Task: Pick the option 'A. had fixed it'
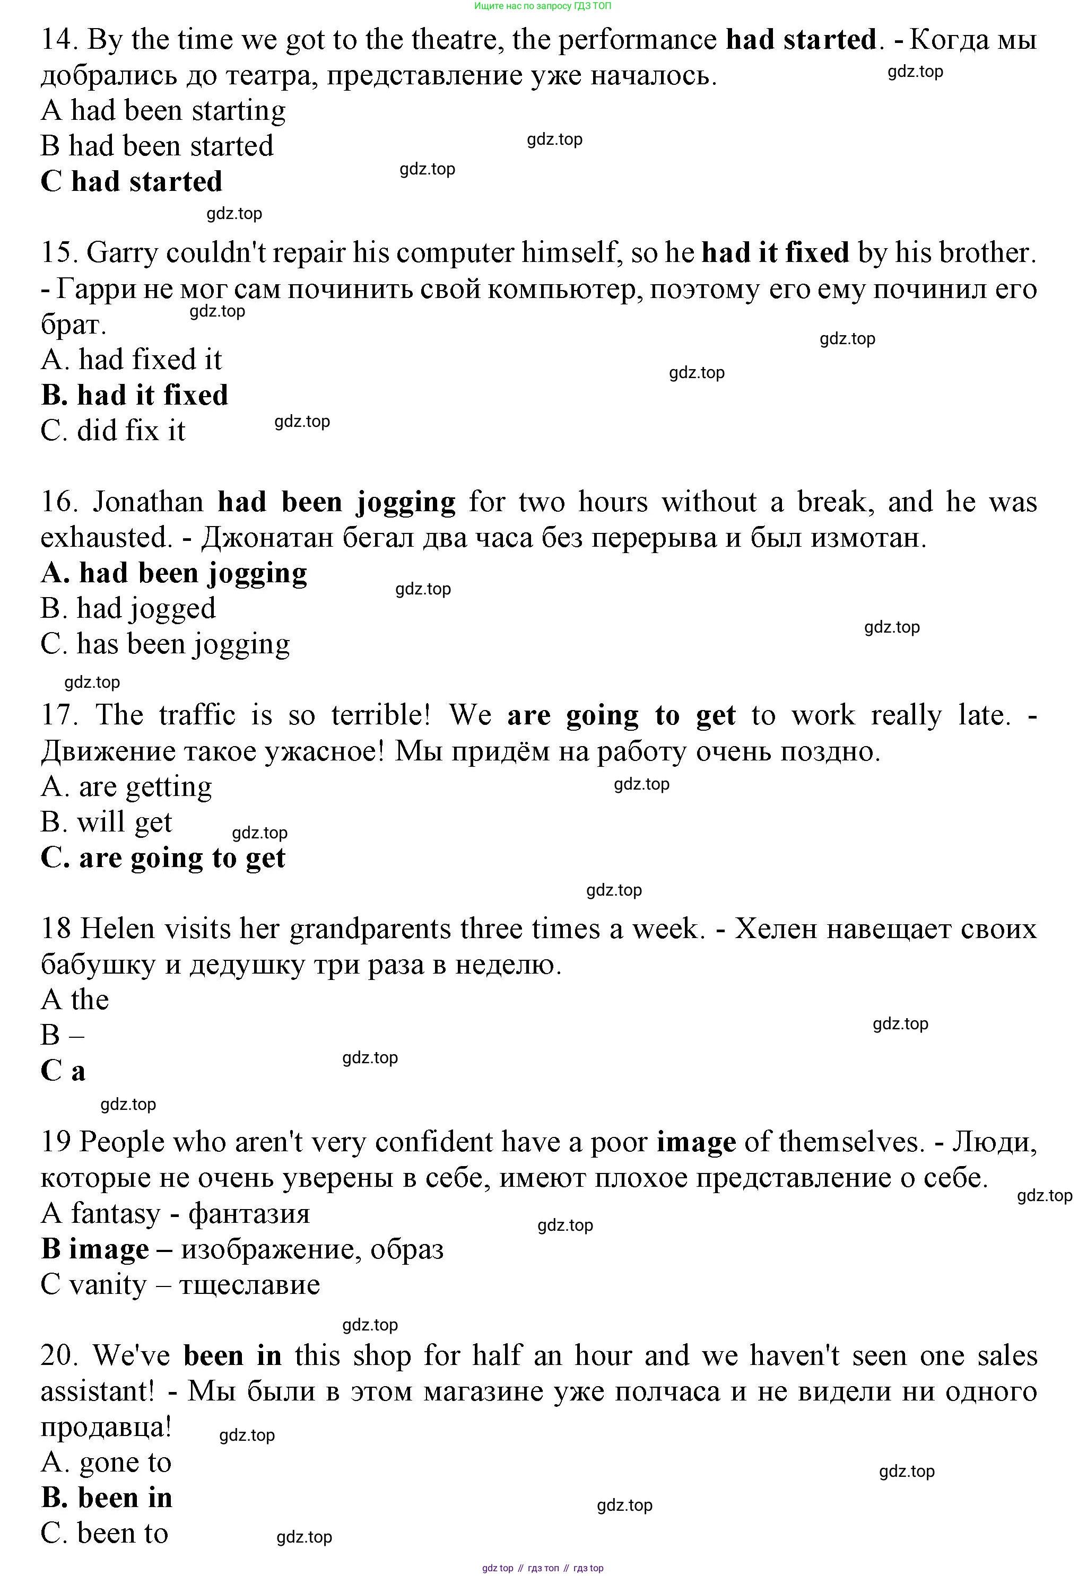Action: coord(132,360)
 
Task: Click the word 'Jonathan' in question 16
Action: coord(149,502)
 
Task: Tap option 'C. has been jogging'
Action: coord(165,644)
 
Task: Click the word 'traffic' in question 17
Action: coord(197,715)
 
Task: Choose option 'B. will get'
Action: coord(106,822)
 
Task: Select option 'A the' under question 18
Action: coord(75,1000)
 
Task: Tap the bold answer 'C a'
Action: coord(63,1071)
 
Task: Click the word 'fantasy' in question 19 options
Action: coord(115,1214)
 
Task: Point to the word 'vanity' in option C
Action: coord(108,1285)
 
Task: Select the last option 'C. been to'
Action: coord(104,1533)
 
